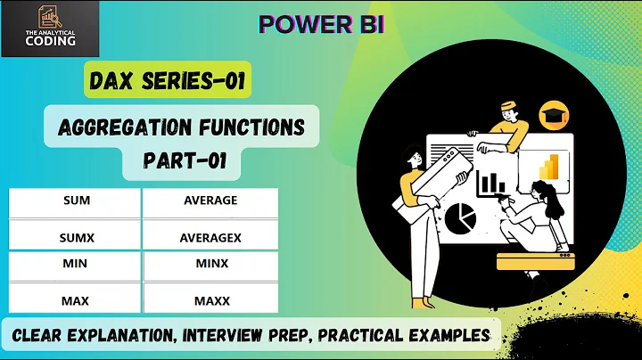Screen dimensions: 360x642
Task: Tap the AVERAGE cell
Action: [210, 200]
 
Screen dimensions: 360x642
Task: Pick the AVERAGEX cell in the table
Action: [210, 238]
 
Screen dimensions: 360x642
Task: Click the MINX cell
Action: [210, 265]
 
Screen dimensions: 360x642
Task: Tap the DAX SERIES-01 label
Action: [169, 83]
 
